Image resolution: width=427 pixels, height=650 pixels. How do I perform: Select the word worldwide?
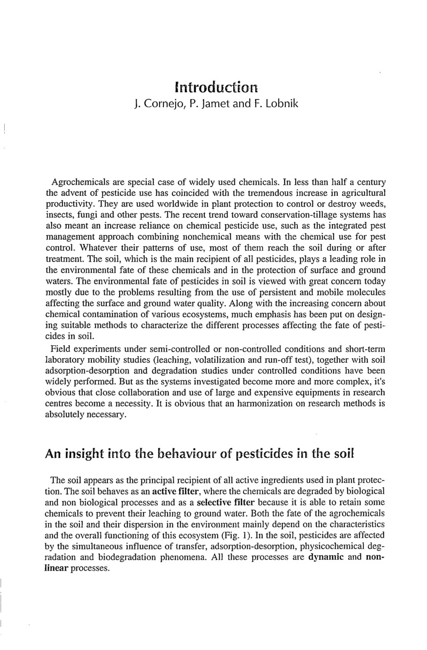153,202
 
